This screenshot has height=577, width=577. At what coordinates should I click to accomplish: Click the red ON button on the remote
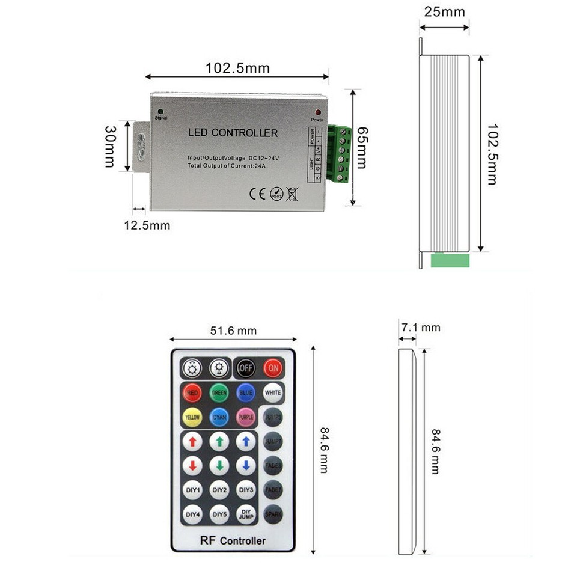click(x=273, y=367)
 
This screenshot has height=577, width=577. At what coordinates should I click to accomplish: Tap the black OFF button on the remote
click(x=246, y=367)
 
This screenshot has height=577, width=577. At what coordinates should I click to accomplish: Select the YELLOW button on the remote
click(x=192, y=417)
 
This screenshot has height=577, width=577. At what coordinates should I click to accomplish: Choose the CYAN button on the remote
click(x=219, y=417)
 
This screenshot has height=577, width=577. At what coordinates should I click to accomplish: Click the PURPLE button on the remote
click(x=246, y=417)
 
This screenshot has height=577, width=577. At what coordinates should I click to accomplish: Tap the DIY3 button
click(x=246, y=490)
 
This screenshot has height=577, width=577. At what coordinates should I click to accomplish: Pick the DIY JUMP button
click(x=246, y=514)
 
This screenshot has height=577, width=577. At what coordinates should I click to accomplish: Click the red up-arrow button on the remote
click(x=192, y=442)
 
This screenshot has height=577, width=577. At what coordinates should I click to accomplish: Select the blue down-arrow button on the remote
click(x=246, y=466)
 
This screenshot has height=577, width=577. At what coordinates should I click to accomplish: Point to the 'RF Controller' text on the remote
click(x=233, y=540)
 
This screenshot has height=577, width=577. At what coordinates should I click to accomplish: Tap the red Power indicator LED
click(x=317, y=113)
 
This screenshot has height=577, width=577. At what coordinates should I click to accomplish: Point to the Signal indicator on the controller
click(x=160, y=111)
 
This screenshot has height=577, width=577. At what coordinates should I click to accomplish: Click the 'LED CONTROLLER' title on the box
click(x=233, y=133)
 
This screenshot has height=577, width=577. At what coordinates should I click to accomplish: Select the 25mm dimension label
click(x=444, y=12)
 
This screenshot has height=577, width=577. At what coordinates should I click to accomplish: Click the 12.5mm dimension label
click(x=147, y=225)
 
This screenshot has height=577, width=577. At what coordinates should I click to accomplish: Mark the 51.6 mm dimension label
click(x=233, y=331)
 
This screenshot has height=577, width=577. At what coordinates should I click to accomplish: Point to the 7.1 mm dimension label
click(x=421, y=328)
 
